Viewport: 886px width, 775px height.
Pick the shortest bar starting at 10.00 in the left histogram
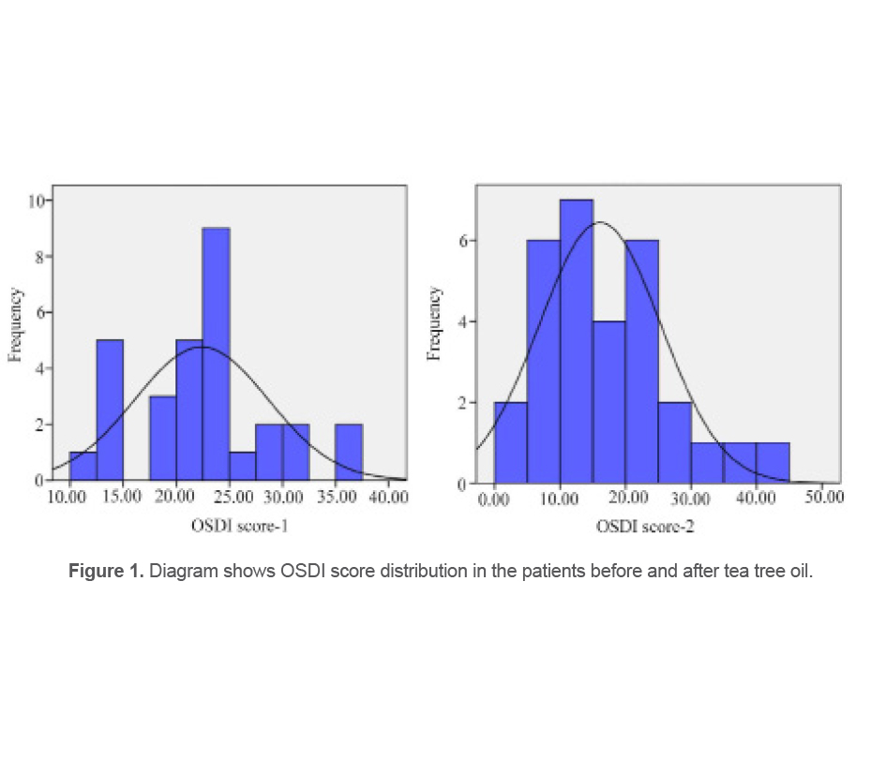click(83, 466)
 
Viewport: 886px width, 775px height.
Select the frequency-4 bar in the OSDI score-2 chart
click(609, 403)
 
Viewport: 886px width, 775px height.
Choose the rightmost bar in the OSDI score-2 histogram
click(773, 463)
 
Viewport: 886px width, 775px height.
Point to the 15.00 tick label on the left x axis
click(122, 497)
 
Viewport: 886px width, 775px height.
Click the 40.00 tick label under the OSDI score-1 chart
click(386, 497)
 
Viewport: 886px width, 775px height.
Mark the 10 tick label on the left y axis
click(35, 200)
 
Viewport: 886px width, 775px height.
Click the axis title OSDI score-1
click(238, 526)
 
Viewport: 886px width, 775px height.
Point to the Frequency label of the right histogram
click(435, 323)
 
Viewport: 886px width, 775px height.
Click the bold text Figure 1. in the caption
click(106, 572)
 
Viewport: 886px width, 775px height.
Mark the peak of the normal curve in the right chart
click(599, 222)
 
